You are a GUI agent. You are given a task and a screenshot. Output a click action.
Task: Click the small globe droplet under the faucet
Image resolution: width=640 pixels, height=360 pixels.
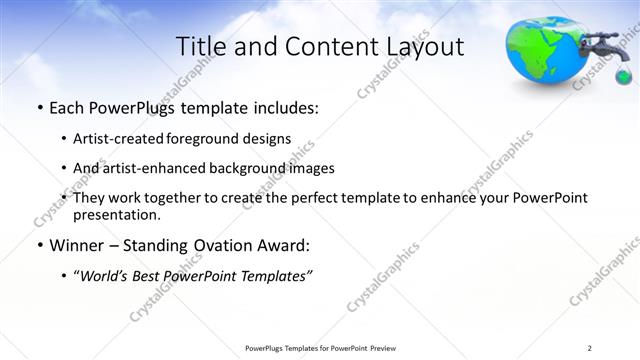[623, 77]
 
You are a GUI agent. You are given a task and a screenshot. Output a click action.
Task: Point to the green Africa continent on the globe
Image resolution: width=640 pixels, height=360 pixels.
[546, 50]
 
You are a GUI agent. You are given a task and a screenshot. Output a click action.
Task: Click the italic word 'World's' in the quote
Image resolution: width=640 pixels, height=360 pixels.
[107, 275]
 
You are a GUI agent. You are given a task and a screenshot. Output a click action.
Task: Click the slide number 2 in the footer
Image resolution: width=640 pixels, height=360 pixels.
[590, 348]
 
